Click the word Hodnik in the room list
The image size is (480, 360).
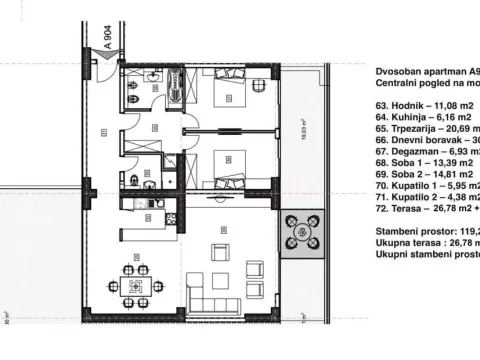pyautogui.click(x=407, y=102)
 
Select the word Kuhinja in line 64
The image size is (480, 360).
pyautogui.click(x=408, y=116)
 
